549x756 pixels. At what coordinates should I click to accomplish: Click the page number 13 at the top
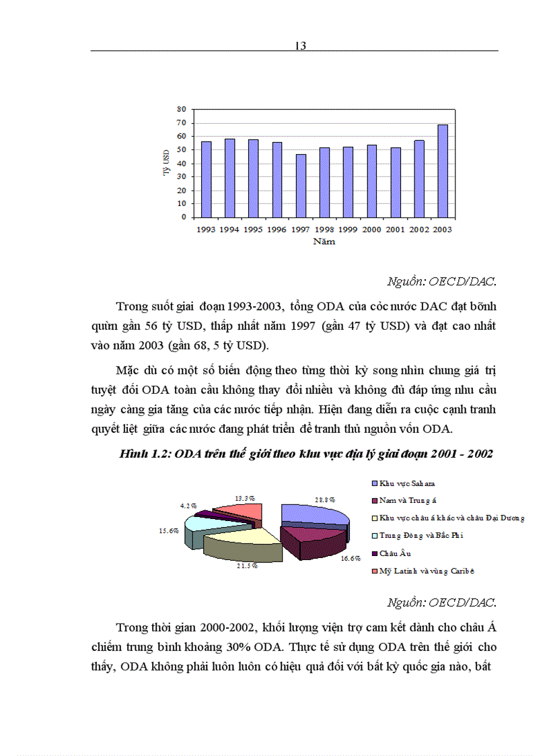click(x=300, y=46)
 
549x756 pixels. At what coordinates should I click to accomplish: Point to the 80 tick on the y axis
click(x=181, y=109)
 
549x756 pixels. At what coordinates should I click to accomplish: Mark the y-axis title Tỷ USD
click(x=166, y=163)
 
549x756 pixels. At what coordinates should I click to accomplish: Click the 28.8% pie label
click(x=325, y=500)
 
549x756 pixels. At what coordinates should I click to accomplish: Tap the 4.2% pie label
click(x=188, y=504)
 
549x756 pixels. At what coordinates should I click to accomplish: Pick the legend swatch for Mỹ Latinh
click(x=373, y=572)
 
